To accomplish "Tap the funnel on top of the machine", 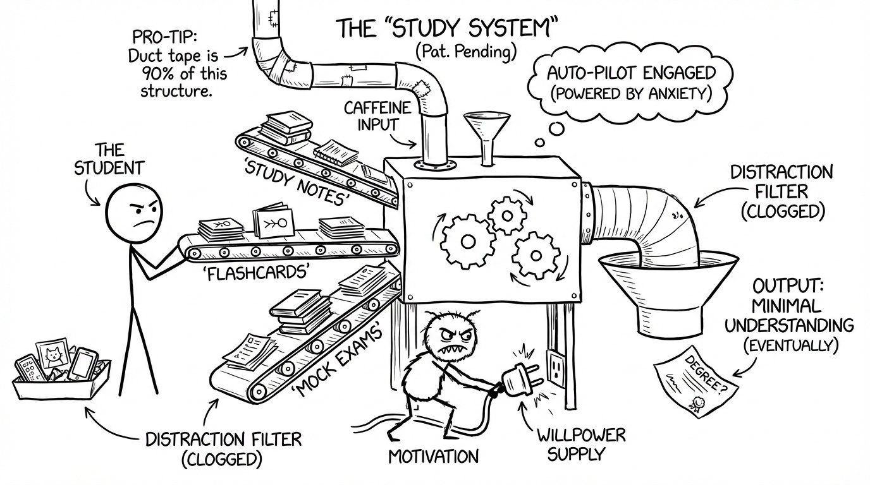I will coord(482,129).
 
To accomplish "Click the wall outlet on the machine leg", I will coord(556,368).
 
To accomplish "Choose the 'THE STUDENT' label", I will coord(109,160).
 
